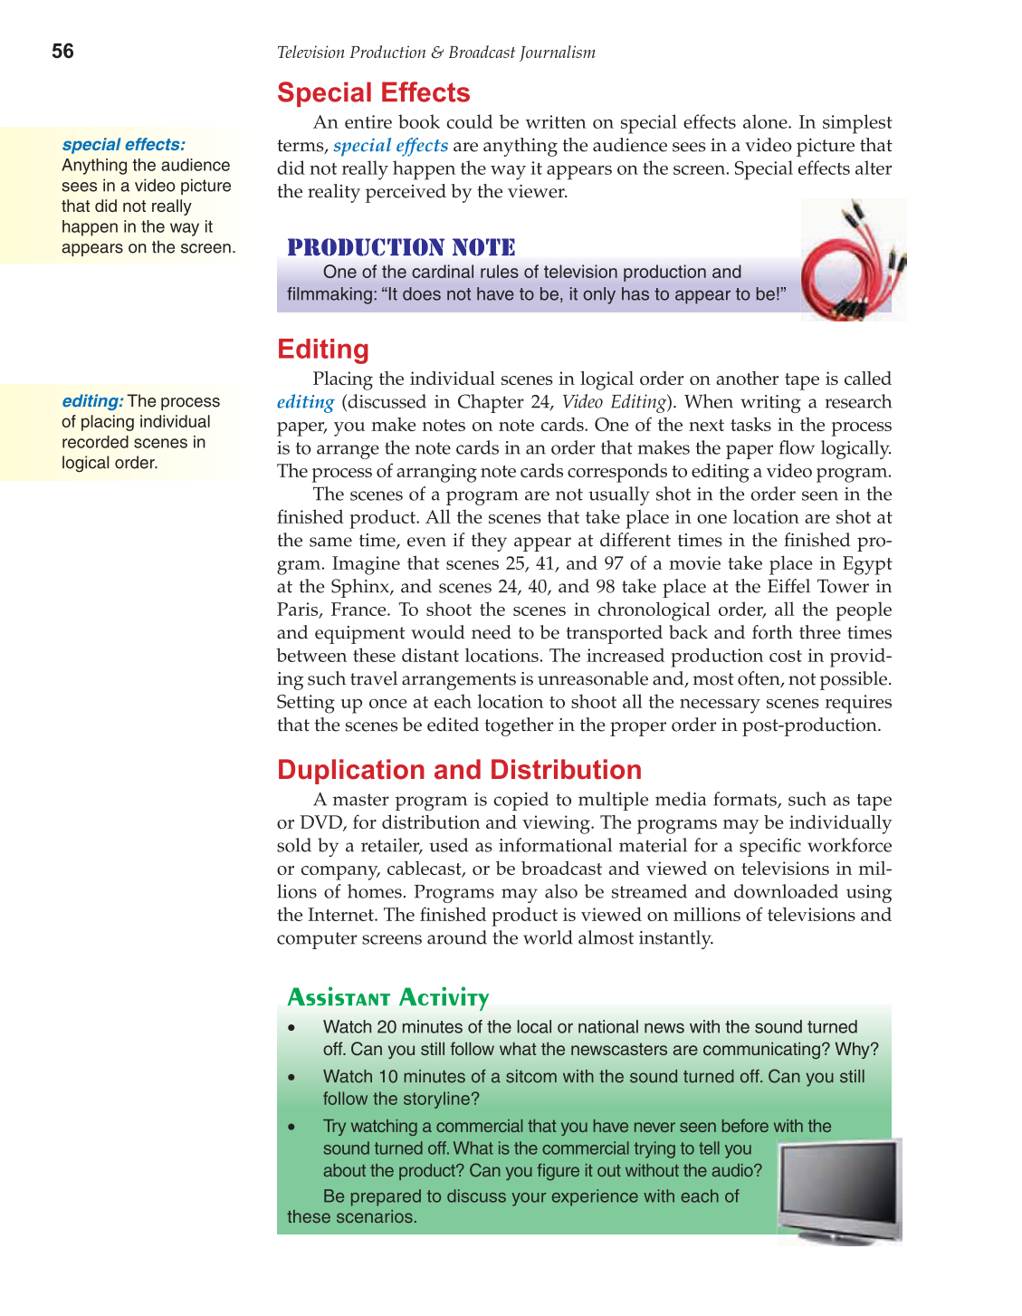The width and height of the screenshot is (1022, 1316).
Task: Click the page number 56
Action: (62, 52)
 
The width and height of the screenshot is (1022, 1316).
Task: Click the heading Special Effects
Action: (373, 93)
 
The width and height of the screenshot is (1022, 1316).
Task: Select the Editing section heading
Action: (322, 350)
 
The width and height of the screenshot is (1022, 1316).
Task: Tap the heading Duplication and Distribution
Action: (459, 770)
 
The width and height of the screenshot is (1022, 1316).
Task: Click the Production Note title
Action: (401, 247)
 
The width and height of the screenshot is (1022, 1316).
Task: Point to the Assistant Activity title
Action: (387, 997)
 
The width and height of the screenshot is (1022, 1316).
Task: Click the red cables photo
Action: (853, 261)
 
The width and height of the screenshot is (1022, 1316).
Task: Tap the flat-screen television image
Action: (840, 1189)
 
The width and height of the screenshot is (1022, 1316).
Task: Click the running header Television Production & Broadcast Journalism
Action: (435, 53)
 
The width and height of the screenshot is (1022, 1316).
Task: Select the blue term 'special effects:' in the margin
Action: (123, 144)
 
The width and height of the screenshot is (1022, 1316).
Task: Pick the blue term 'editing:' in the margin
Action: (92, 400)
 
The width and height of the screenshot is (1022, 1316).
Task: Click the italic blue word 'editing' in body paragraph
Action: (305, 402)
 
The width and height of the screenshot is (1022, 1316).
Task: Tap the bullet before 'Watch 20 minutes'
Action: (291, 1028)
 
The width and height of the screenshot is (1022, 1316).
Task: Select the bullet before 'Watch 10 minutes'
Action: (291, 1078)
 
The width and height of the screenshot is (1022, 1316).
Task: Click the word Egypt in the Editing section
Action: (864, 563)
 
